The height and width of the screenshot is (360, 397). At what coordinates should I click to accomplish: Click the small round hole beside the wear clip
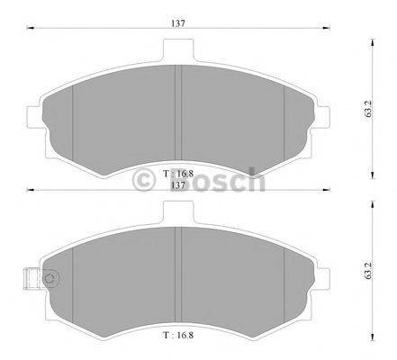(52, 279)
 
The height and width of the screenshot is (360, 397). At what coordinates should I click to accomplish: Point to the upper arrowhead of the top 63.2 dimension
(372, 42)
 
